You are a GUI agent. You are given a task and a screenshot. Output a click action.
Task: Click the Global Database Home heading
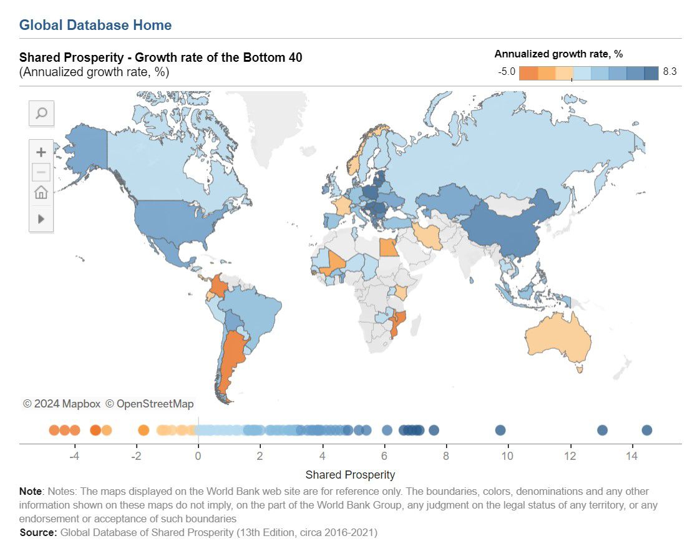point(95,25)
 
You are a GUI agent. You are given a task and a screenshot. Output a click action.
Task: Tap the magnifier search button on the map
point(42,113)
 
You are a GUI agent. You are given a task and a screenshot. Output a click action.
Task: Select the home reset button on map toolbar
point(41,192)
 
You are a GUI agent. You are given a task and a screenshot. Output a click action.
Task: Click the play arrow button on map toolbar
point(41,219)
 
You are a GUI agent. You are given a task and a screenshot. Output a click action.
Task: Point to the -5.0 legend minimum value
point(507,72)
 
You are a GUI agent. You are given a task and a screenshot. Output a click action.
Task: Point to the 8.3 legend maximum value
point(669,72)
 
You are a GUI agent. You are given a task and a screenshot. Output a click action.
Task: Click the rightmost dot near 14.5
point(647,430)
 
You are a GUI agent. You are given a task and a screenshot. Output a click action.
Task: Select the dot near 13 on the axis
point(602,430)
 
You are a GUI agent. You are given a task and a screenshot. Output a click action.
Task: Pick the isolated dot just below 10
point(500,430)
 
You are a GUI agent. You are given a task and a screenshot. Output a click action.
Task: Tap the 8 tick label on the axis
point(445,456)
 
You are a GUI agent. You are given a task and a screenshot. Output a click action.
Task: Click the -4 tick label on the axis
point(74,456)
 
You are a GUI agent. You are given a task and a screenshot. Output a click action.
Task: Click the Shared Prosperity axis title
point(350,474)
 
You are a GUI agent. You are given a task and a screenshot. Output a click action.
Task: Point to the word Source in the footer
point(37,532)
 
